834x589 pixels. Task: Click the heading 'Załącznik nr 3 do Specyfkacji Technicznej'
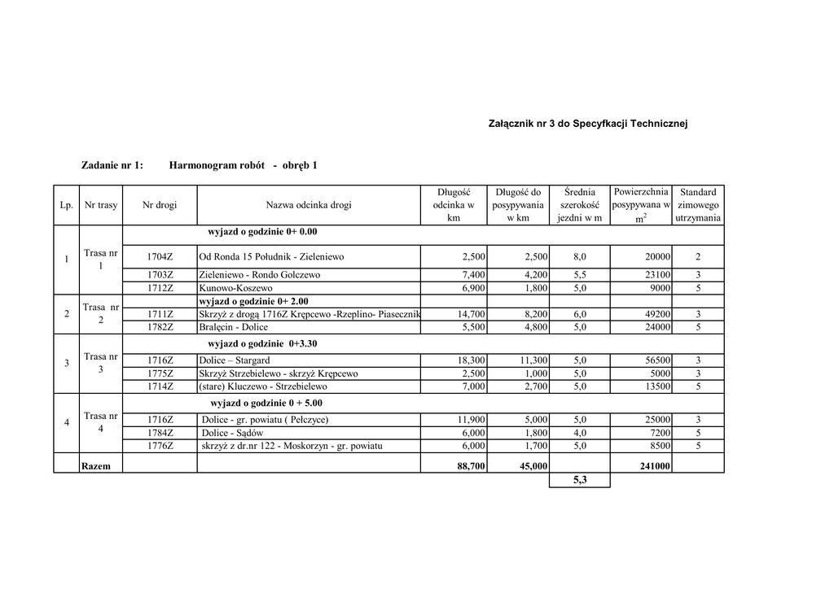click(x=588, y=124)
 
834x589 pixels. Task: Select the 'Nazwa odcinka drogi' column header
click(x=309, y=205)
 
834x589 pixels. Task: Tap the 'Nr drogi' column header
click(x=160, y=205)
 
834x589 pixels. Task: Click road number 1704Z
click(x=160, y=257)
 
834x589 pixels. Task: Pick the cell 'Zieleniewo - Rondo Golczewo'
click(x=260, y=275)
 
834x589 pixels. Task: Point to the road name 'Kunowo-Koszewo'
click(x=236, y=288)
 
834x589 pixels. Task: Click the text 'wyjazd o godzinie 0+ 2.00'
click(x=259, y=301)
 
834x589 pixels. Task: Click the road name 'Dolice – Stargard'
click(x=235, y=360)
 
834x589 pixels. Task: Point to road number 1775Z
click(x=160, y=373)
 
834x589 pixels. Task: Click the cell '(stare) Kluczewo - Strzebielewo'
click(x=263, y=386)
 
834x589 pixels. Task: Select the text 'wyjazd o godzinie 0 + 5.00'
click(x=267, y=403)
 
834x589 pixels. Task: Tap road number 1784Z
click(x=160, y=433)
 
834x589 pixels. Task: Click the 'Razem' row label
click(x=96, y=466)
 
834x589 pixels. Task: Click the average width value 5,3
click(x=579, y=480)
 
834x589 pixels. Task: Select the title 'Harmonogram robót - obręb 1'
click(x=243, y=166)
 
